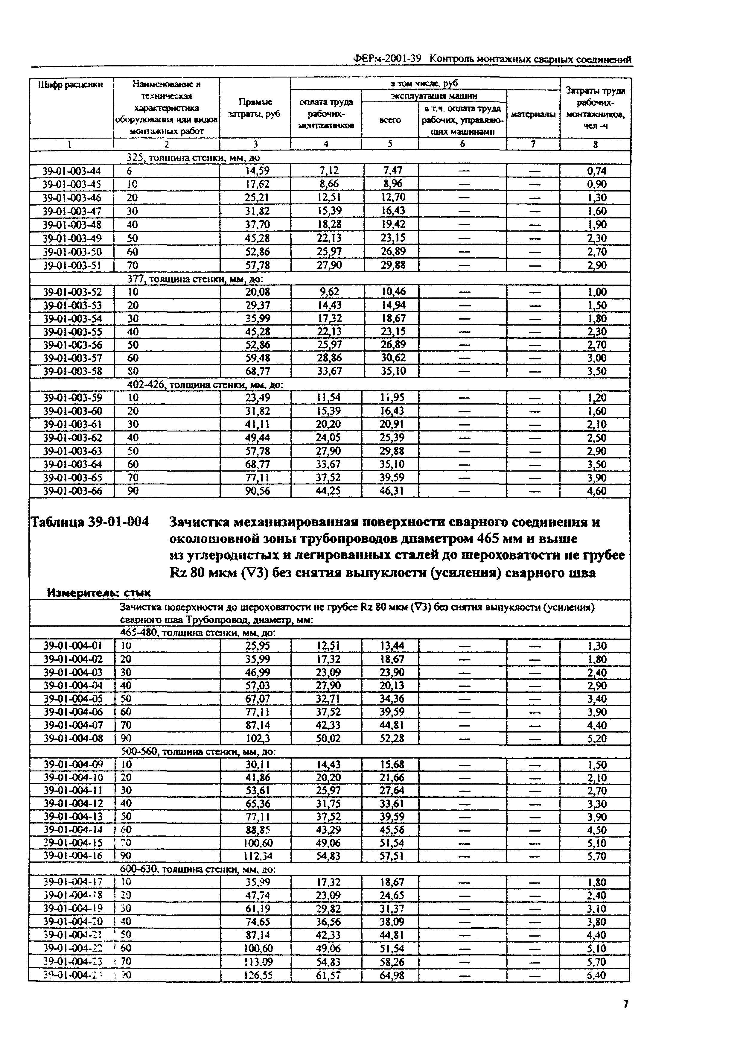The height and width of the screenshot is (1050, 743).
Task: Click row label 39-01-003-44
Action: [72, 171]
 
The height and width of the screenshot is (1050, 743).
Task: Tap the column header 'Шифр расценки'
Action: [71, 85]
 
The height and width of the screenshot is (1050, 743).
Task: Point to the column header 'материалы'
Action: [533, 114]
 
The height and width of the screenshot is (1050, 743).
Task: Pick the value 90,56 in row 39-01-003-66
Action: [258, 491]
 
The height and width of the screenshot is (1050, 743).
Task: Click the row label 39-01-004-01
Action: [72, 646]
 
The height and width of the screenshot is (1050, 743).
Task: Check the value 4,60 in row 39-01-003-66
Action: [597, 491]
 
